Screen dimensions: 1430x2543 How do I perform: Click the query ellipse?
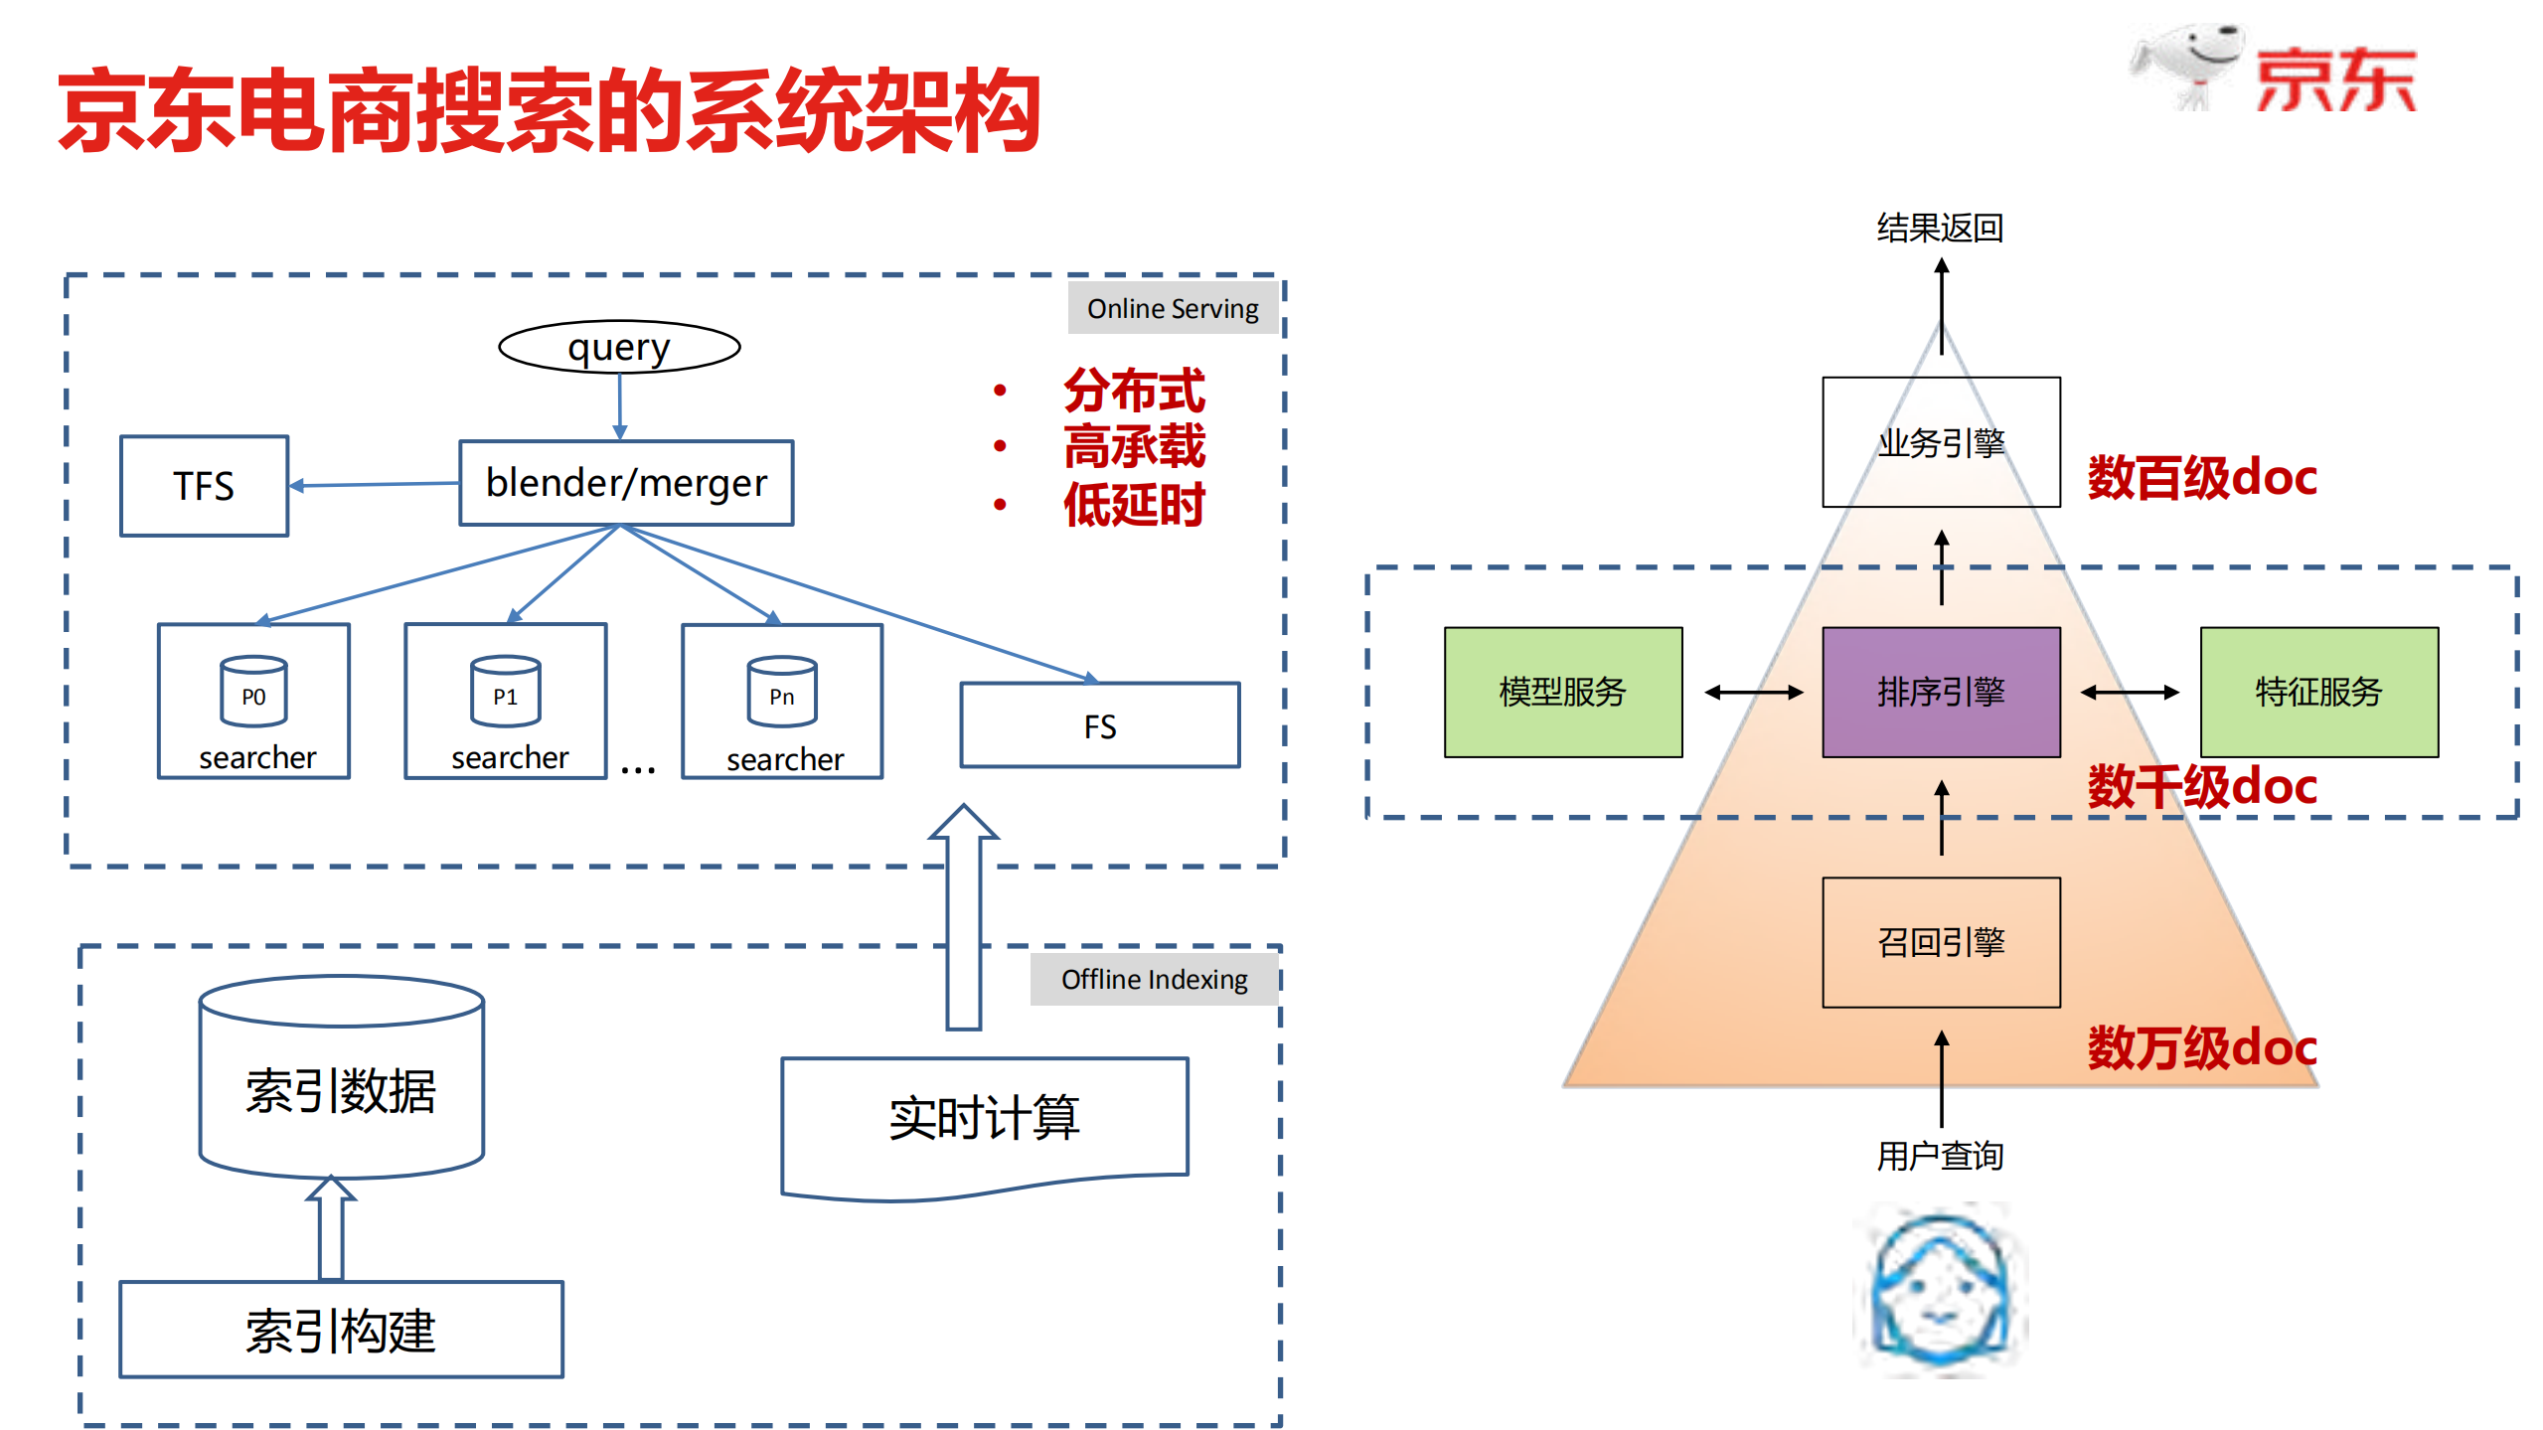(x=619, y=347)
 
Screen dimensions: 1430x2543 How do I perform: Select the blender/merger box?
(x=626, y=483)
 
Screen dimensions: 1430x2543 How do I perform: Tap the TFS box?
(x=204, y=486)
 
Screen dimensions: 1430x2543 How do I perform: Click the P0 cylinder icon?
(x=253, y=691)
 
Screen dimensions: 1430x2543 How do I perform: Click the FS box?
(x=1099, y=725)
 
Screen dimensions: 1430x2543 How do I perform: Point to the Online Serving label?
(x=1173, y=308)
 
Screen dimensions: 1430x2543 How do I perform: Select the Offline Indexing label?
(x=1154, y=979)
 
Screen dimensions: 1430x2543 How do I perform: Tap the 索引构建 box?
(x=341, y=1330)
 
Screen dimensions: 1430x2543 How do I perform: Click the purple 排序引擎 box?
(x=1940, y=692)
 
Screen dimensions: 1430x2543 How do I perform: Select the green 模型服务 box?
(x=1562, y=692)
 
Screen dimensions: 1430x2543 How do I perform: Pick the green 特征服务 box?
(x=2318, y=692)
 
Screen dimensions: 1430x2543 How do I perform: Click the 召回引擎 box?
(x=1940, y=942)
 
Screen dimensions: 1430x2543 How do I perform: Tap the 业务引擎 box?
(x=1940, y=442)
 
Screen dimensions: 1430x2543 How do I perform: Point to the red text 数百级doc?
(x=2202, y=478)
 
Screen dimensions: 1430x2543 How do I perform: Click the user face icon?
(x=1940, y=1290)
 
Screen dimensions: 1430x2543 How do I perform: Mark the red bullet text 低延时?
(x=1134, y=505)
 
